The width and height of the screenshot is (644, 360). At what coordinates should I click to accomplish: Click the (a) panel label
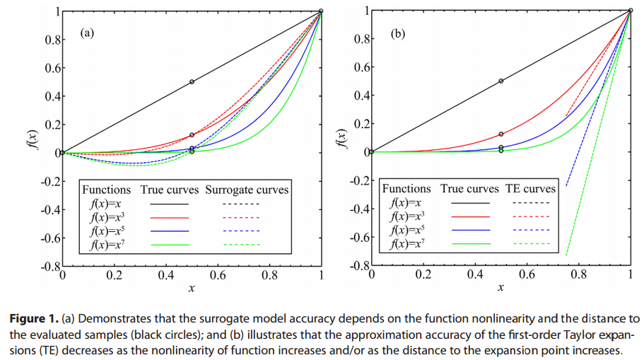[87, 32]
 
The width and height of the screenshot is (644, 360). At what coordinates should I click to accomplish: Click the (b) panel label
[398, 32]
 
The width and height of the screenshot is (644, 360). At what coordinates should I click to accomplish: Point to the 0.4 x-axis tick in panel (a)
[167, 277]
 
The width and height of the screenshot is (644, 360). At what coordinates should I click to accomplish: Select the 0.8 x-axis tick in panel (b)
[578, 277]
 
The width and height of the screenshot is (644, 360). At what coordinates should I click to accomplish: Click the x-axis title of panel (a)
[192, 288]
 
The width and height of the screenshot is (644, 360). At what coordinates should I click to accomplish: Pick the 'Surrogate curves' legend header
[247, 190]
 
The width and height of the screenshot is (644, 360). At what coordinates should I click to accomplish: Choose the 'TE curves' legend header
[530, 189]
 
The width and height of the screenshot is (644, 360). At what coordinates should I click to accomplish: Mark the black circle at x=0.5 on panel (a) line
[192, 81]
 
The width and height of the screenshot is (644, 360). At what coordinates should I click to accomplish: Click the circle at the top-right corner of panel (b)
[630, 11]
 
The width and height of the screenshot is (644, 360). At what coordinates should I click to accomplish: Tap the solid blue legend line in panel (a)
[170, 231]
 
